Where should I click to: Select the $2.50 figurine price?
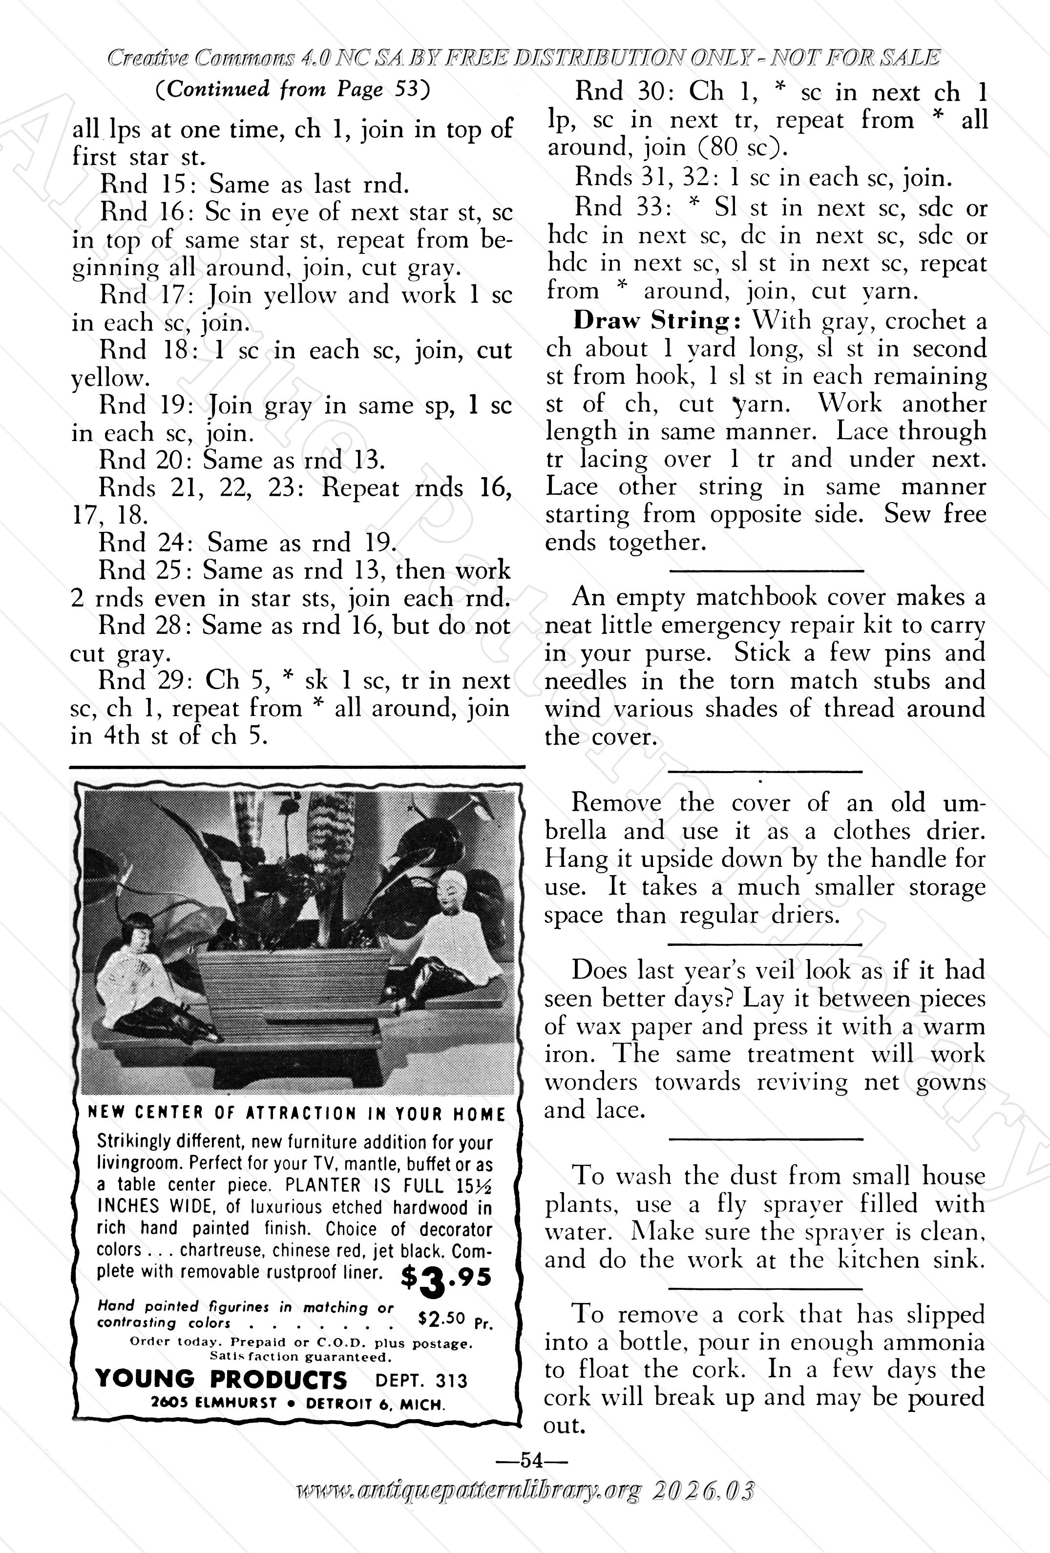pyautogui.click(x=441, y=1319)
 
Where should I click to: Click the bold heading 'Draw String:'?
pyautogui.click(x=658, y=321)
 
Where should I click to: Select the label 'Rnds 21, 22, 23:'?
pyautogui.click(x=203, y=488)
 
